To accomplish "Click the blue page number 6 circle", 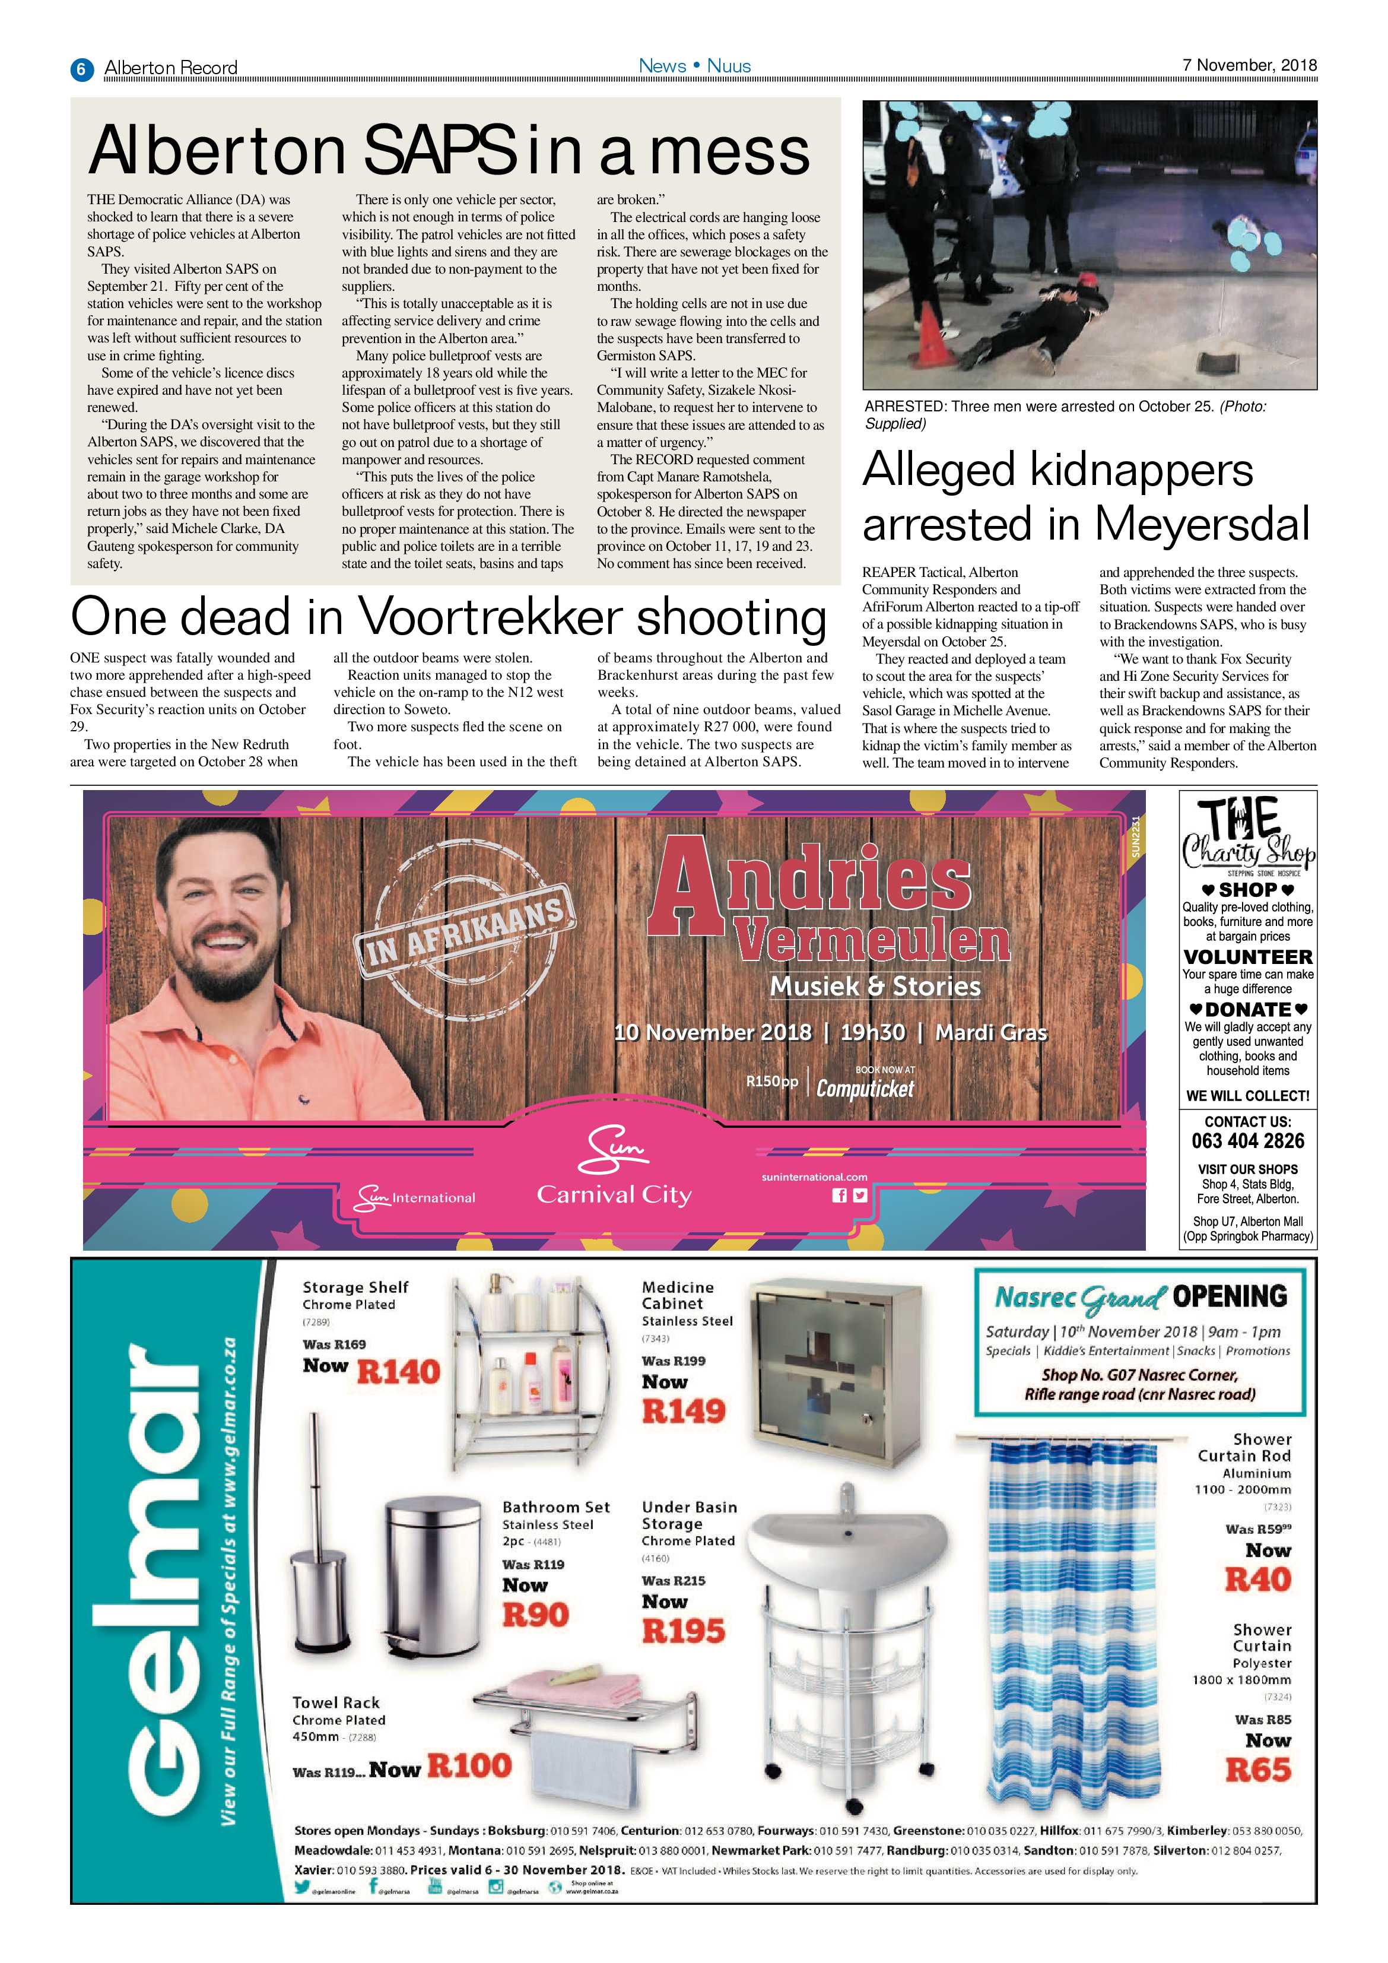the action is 81,68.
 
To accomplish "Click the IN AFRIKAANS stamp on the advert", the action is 464,933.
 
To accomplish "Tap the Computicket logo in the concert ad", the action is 865,1089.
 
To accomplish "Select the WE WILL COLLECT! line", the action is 1248,1096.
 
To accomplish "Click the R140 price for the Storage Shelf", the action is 398,1372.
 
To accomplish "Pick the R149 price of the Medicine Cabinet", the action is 684,1411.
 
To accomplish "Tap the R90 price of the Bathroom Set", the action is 535,1615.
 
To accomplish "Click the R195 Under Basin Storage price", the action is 684,1631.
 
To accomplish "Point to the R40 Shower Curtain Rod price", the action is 1257,1579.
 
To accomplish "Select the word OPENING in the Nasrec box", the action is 1229,1296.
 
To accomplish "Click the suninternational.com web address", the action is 814,1176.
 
